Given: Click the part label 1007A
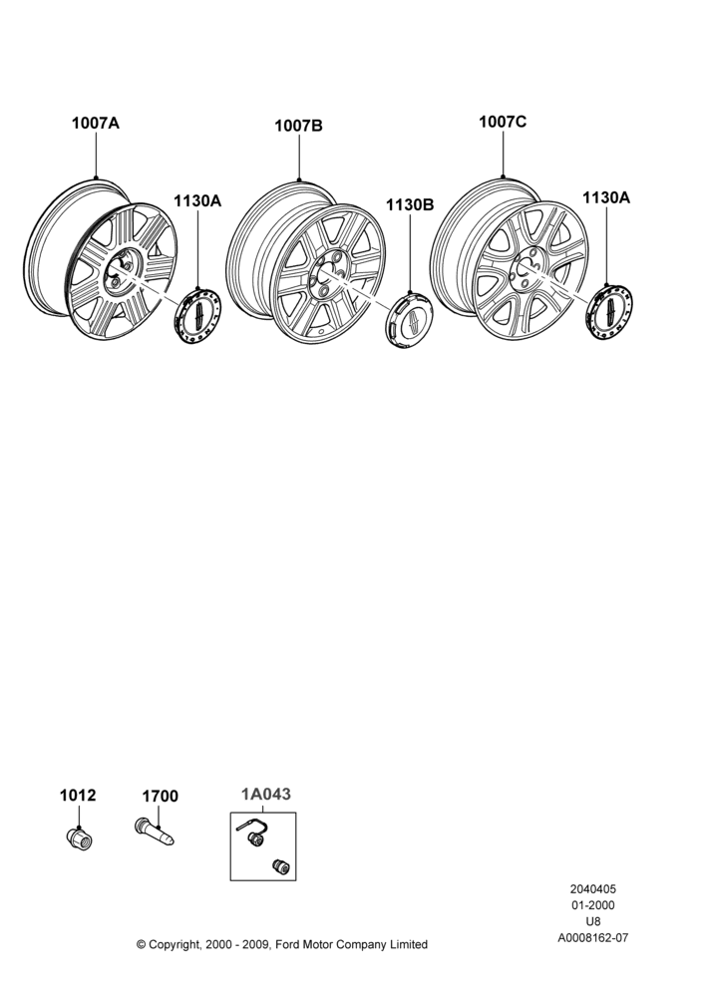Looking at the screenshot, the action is click(96, 123).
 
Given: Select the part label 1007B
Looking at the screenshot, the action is click(298, 126).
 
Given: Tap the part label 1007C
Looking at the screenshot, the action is click(503, 122).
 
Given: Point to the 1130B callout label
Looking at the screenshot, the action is click(410, 204).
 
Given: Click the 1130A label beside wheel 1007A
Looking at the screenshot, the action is click(197, 201).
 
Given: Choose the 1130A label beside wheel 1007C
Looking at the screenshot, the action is click(606, 197).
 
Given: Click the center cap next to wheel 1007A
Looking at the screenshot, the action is click(197, 316).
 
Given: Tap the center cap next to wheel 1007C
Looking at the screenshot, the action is click(608, 312).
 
